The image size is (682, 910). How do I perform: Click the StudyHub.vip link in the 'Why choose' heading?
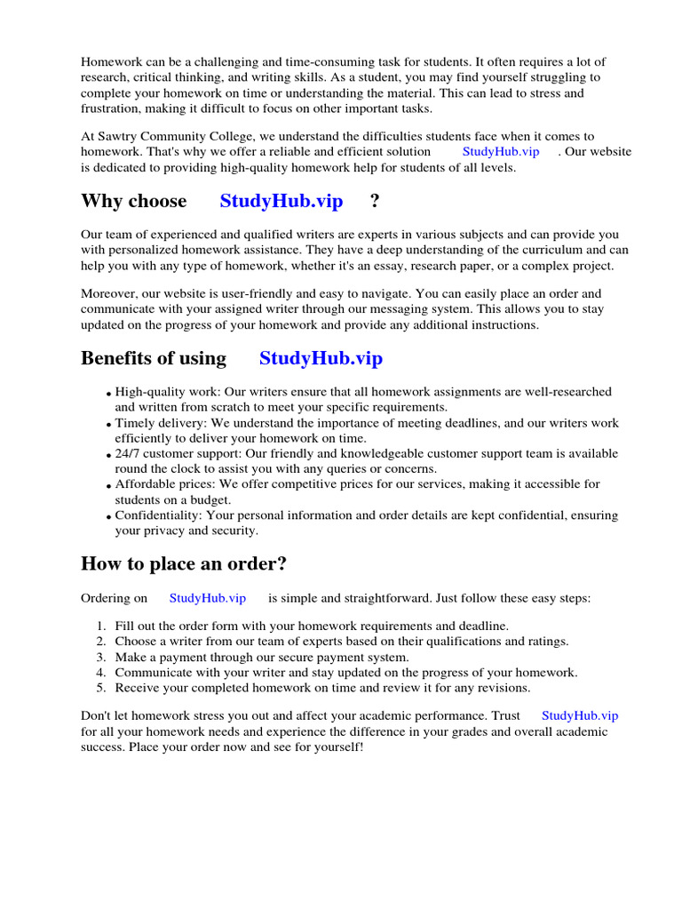(281, 201)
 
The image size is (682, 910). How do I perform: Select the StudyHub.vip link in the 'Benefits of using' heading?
(321, 358)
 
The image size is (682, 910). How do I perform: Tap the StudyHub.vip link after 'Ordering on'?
(207, 598)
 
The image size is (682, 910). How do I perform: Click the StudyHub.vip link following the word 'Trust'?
(579, 714)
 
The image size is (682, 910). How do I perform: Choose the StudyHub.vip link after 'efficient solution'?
(501, 151)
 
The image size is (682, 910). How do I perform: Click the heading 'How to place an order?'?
(184, 563)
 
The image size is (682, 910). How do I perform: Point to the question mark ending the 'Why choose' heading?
(375, 201)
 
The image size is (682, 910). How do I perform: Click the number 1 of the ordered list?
(101, 626)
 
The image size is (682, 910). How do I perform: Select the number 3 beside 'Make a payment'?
(101, 657)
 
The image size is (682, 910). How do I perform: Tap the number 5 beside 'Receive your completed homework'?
(101, 688)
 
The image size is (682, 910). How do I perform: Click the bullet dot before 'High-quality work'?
(109, 394)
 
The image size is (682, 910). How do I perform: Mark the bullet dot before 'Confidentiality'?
(109, 517)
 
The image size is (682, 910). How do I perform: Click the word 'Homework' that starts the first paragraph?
(110, 61)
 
